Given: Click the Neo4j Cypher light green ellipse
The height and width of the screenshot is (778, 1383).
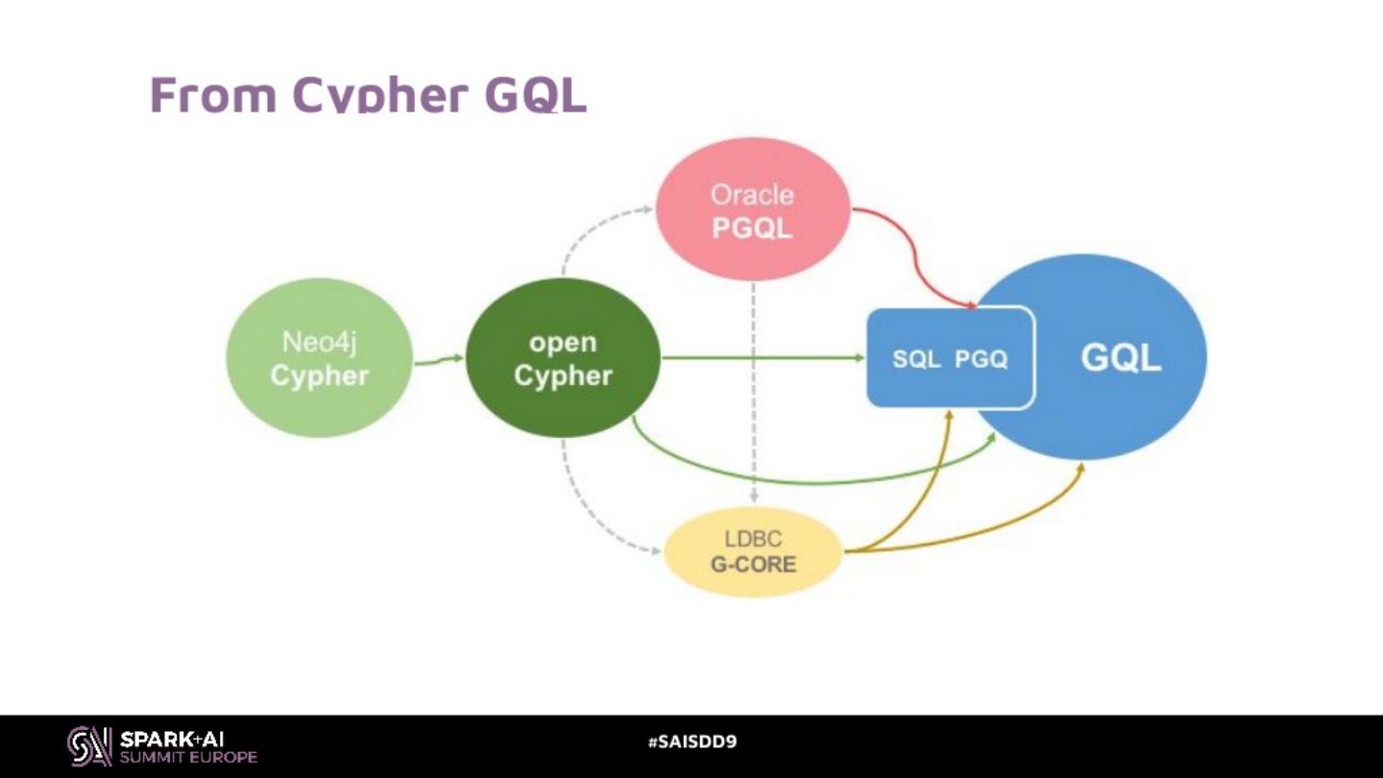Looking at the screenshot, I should click(319, 358).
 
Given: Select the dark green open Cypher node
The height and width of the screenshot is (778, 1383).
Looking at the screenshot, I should click(563, 358).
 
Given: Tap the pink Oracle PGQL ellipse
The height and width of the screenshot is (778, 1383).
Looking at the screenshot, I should click(752, 210).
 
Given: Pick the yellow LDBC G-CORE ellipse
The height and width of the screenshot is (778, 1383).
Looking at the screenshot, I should click(753, 551).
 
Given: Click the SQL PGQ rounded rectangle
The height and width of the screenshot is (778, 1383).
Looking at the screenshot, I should click(950, 358).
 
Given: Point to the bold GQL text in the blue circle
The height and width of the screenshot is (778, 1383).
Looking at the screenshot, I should click(1121, 358).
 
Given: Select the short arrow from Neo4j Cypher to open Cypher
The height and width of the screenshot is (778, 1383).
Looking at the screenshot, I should click(439, 360).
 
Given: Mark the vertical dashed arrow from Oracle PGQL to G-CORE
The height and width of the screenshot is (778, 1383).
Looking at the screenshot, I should click(754, 394).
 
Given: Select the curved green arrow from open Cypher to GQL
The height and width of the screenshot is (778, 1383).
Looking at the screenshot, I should click(816, 479).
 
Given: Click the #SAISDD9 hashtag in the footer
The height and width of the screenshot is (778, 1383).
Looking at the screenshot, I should click(691, 742).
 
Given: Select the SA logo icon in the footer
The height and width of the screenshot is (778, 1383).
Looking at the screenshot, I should click(88, 746).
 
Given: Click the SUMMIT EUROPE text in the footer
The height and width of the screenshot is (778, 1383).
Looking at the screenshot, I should click(188, 757).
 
